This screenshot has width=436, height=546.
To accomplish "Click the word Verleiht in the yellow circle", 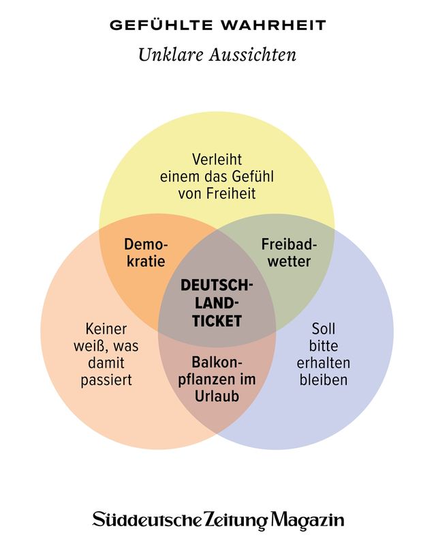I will (217, 158).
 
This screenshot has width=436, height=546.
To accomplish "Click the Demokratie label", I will (146, 253).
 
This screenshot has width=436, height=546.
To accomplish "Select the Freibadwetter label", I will (286, 253).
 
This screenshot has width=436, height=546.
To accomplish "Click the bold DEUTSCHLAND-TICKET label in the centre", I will (217, 302).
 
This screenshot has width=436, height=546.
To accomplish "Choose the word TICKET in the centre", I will (217, 321).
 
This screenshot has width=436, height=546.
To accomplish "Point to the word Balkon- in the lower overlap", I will (217, 361).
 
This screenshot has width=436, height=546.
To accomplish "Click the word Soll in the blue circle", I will (323, 328).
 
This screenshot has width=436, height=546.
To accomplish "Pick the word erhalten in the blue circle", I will (323, 362).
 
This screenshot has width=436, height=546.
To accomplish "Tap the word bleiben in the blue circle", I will (323, 380).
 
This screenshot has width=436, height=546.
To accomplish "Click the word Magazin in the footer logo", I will (307, 520).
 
